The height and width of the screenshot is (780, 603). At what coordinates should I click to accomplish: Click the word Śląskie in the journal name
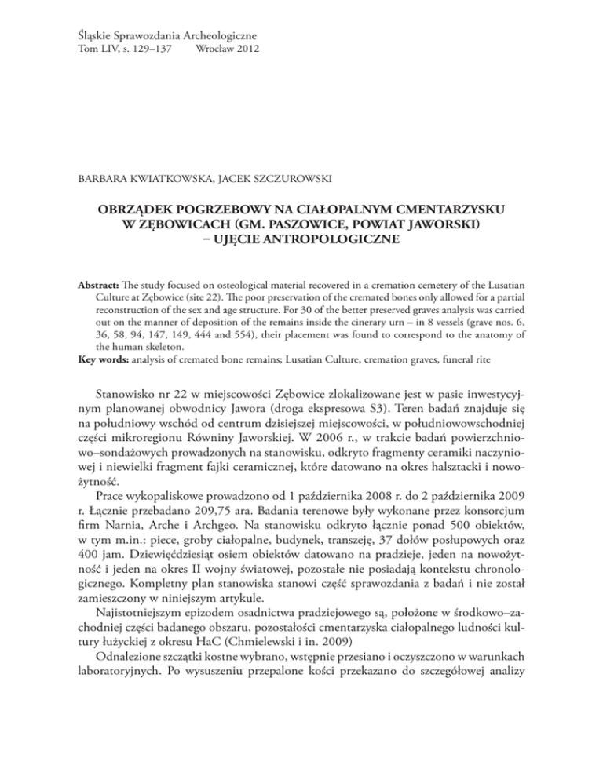[x=82, y=36]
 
